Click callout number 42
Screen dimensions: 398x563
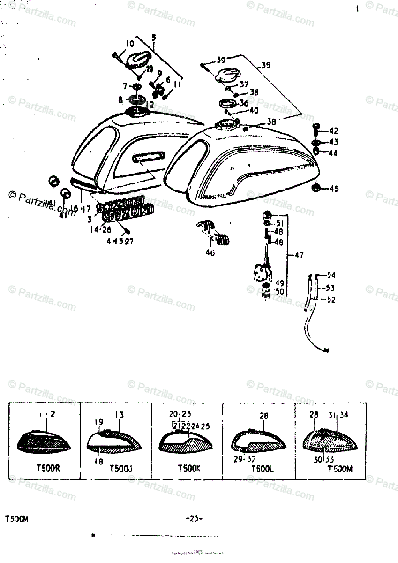point(334,131)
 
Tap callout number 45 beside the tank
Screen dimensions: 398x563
point(334,189)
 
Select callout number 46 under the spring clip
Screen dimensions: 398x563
point(210,253)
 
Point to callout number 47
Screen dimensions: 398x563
point(298,255)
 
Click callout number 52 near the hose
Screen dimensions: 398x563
point(331,299)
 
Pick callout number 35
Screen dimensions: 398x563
point(265,66)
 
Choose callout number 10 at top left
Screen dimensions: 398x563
point(129,44)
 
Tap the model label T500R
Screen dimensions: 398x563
point(45,468)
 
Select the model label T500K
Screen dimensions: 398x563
point(189,468)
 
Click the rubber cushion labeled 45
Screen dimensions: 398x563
point(317,189)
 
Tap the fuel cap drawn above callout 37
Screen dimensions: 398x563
point(226,75)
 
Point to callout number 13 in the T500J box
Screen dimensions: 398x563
point(120,414)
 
